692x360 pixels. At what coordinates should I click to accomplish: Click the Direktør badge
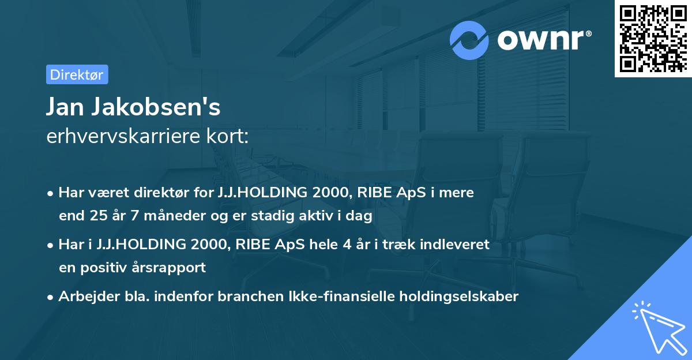(77, 74)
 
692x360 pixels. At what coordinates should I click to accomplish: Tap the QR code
(653, 39)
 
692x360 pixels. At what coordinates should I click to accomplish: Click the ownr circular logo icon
(469, 40)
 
